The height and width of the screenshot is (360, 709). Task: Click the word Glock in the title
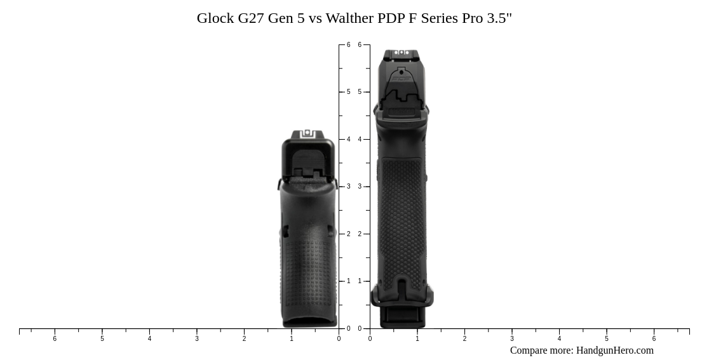[x=215, y=18]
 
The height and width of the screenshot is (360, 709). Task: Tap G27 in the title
[x=251, y=18]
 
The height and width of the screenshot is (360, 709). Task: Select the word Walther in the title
[x=349, y=18]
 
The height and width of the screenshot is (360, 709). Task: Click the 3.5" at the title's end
[x=499, y=18]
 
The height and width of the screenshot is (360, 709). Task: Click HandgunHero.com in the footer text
[x=614, y=350]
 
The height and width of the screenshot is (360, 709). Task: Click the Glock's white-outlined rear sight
[x=307, y=133]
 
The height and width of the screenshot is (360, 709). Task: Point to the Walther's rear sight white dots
[x=401, y=53]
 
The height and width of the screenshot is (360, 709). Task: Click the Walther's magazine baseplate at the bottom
[x=402, y=317]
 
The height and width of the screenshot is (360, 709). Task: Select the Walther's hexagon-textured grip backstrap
[x=401, y=216]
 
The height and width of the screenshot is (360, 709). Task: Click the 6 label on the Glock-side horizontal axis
[x=55, y=339]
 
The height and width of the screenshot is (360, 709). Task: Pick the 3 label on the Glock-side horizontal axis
[x=197, y=339]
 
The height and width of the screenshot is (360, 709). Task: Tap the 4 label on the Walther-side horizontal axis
[x=559, y=339]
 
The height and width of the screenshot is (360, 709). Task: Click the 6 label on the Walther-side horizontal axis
[x=654, y=339]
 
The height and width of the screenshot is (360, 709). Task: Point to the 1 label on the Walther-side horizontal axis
[x=417, y=339]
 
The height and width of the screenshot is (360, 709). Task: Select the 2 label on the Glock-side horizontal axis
[x=244, y=339]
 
